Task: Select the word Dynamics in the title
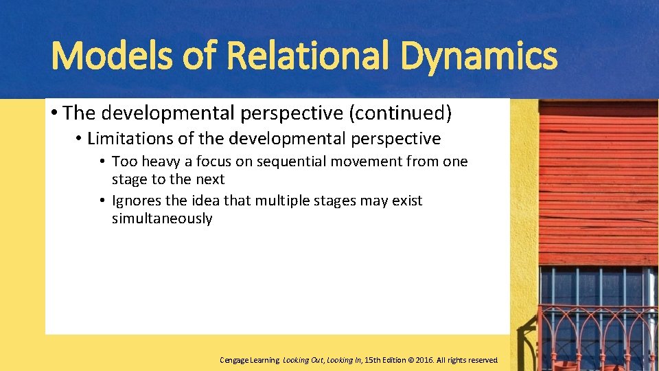(x=479, y=56)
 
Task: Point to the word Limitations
(x=130, y=138)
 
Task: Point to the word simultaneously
(x=162, y=218)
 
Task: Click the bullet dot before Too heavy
(x=101, y=162)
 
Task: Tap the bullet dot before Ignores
(x=101, y=201)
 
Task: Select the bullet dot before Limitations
(x=79, y=139)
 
